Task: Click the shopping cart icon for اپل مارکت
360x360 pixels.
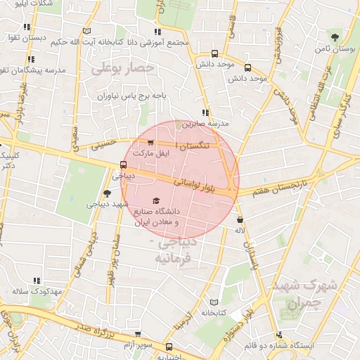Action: point(150,143)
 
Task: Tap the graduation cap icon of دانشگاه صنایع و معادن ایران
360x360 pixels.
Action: point(155,201)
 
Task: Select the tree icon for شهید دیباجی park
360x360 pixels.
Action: point(107,193)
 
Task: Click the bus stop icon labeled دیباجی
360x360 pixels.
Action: point(124,166)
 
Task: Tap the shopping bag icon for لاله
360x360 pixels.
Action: point(240,219)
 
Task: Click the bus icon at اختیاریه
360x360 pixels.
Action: point(169,347)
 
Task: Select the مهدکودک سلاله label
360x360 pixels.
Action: point(38,290)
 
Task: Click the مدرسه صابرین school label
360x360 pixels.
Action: point(206,123)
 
